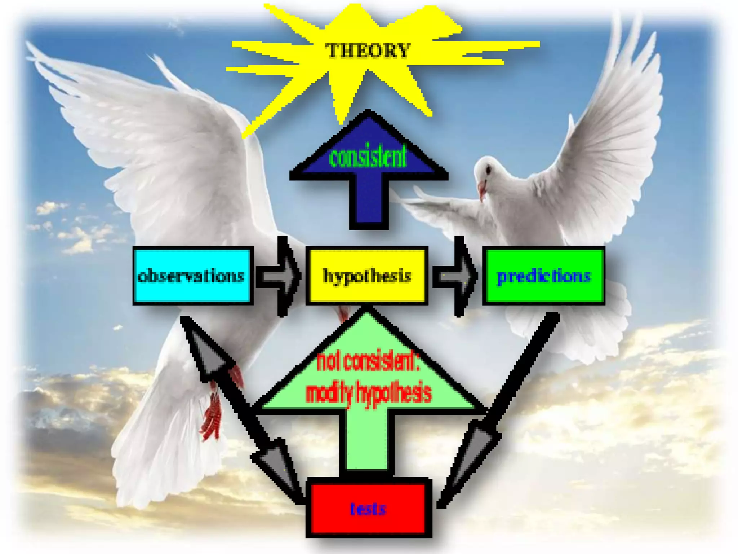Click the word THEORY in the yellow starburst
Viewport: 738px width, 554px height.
tap(368, 50)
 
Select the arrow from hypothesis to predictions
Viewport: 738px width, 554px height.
tap(455, 276)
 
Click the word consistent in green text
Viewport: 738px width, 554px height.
tap(368, 157)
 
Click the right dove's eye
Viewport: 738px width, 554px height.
tap(488, 168)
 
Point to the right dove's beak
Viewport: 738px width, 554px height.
tap(482, 189)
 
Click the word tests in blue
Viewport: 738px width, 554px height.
tap(368, 509)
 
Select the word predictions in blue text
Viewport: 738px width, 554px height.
tap(543, 276)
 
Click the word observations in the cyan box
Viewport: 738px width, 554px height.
tap(191, 276)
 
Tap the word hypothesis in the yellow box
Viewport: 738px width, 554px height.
tap(367, 276)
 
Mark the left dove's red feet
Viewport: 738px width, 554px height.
tap(213, 415)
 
